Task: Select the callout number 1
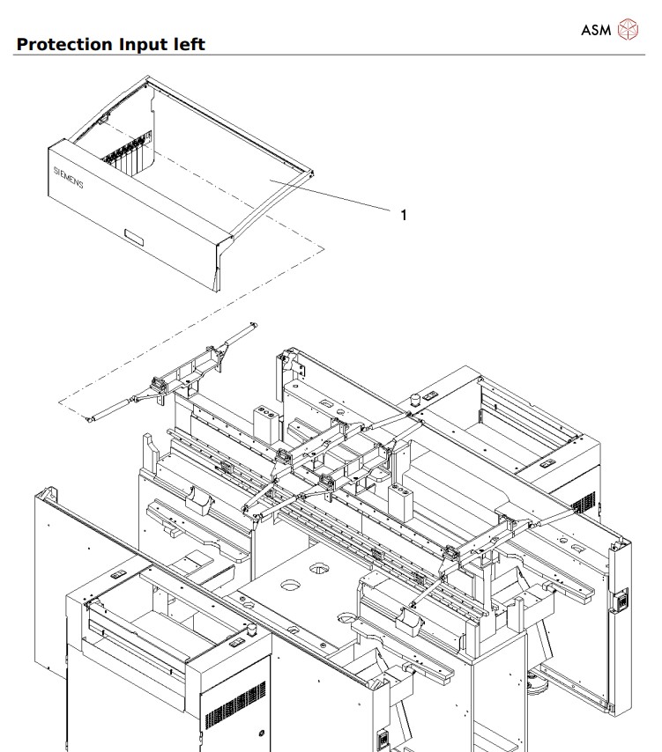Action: [404, 214]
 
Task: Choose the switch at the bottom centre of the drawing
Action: [383, 740]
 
